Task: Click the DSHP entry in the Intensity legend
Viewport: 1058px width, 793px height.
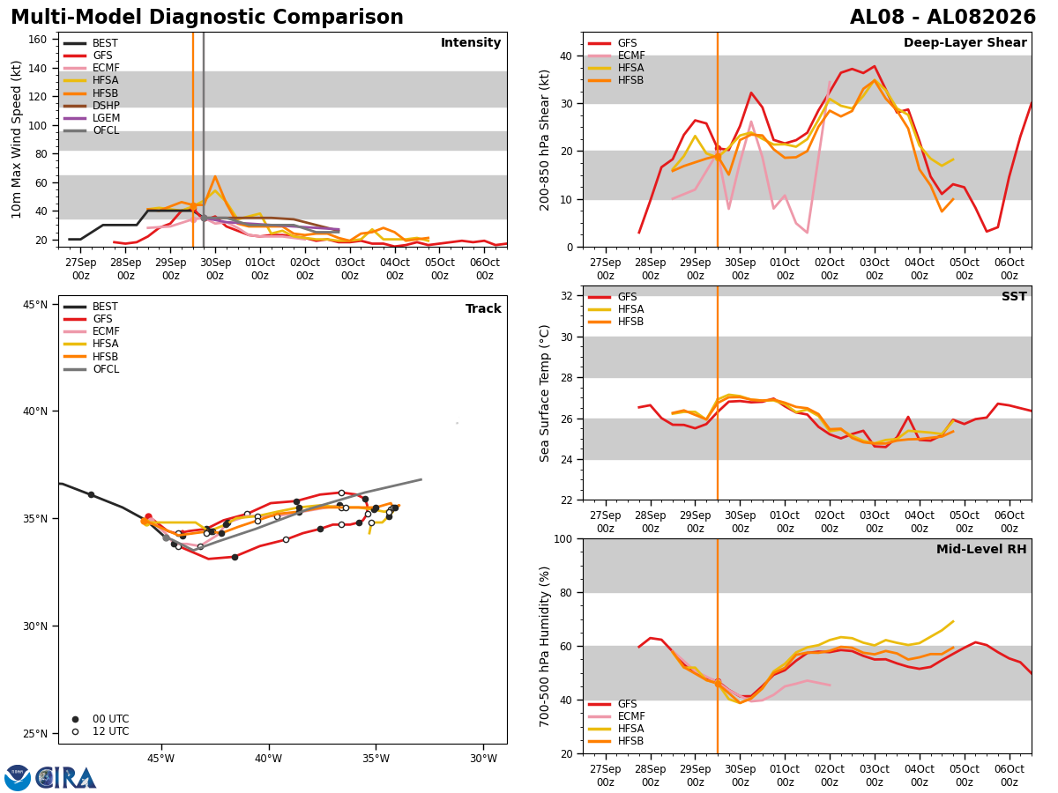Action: (x=91, y=106)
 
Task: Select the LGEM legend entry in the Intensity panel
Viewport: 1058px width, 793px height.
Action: (x=91, y=118)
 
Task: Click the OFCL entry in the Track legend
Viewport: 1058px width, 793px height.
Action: (x=91, y=369)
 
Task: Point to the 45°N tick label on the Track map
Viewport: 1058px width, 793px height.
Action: (x=35, y=304)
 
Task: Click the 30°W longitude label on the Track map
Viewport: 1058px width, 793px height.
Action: (x=483, y=759)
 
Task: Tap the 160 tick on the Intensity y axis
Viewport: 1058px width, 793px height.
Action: (x=37, y=40)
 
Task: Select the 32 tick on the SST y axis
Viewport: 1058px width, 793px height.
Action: (x=567, y=296)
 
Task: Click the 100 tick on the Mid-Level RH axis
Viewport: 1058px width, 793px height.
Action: (x=563, y=538)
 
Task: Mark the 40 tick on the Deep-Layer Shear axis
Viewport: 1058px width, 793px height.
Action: (x=567, y=56)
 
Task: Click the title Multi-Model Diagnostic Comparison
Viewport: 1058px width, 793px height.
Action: (x=207, y=18)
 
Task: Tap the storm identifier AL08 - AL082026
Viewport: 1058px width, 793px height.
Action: (x=943, y=18)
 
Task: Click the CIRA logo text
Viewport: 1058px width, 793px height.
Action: (x=65, y=777)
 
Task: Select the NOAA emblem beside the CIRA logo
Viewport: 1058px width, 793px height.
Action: (x=18, y=777)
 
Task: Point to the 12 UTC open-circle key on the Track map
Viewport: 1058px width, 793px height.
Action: (x=75, y=732)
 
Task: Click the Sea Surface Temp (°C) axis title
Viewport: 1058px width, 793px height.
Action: (x=544, y=393)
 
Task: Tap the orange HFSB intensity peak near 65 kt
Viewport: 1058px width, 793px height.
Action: (x=215, y=176)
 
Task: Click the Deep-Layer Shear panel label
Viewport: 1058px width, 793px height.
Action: (x=965, y=42)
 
